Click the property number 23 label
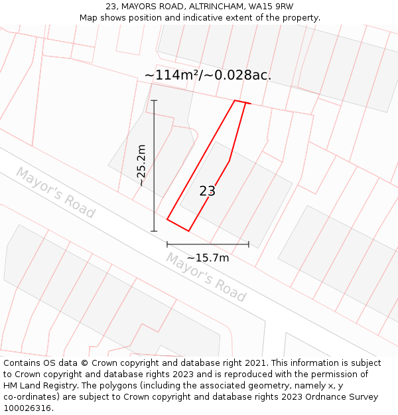tap(207, 191)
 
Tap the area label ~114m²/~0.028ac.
tap(208, 75)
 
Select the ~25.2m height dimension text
tap(141, 165)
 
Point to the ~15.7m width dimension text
tap(208, 258)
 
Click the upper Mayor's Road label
tap(56, 193)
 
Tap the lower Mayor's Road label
tap(206, 277)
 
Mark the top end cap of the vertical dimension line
tap(155, 100)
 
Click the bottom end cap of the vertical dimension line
tap(155, 231)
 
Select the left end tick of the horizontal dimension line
tap(167, 244)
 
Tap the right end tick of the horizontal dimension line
tap(249, 244)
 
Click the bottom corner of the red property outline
tap(189, 231)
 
